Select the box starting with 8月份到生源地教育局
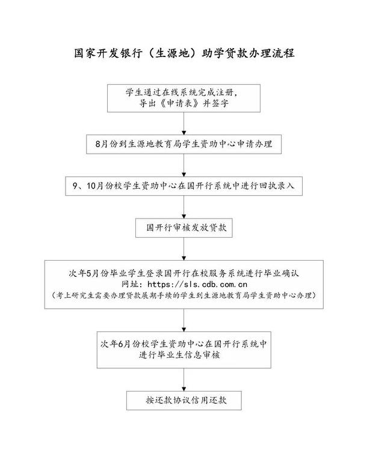coord(184,145)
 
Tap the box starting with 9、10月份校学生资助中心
coord(183,186)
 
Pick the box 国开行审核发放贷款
coord(184,228)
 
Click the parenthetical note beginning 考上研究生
coord(183,296)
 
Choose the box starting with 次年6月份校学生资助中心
coord(184,348)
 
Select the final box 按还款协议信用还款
coord(184,399)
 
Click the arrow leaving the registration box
coord(184,123)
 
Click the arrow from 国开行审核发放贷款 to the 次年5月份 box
coord(184,249)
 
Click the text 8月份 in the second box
coord(106,145)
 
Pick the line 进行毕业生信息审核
coord(184,354)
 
